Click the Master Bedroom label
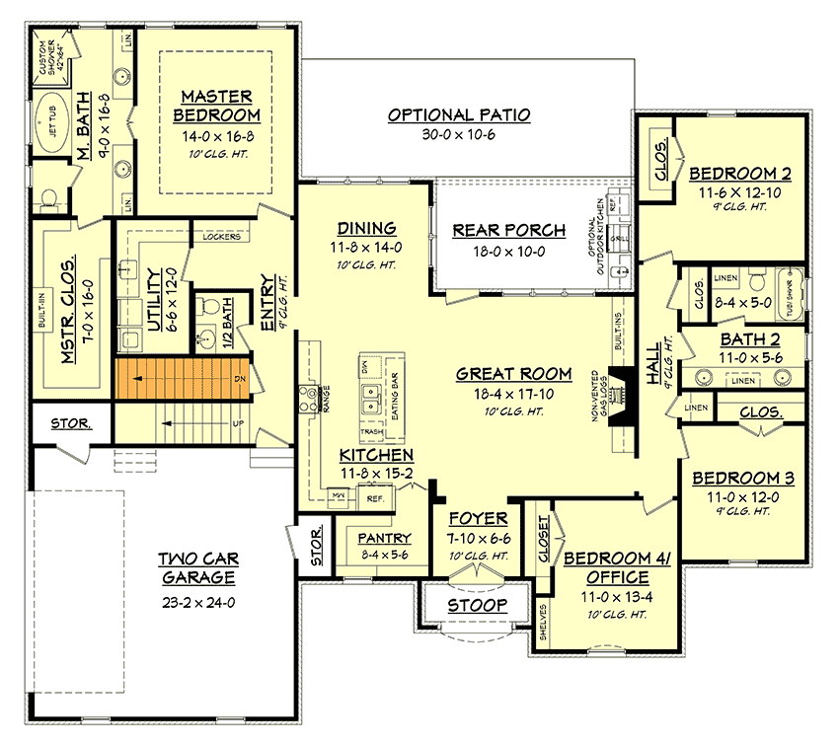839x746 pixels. tap(216, 107)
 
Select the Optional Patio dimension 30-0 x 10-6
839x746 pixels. tap(459, 134)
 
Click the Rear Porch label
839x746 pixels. tap(509, 231)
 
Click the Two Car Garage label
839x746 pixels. tap(196, 568)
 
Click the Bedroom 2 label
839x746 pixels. tap(738, 171)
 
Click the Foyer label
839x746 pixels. tap(479, 519)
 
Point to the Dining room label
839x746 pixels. tap(366, 227)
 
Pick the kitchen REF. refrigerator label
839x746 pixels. tap(374, 498)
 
